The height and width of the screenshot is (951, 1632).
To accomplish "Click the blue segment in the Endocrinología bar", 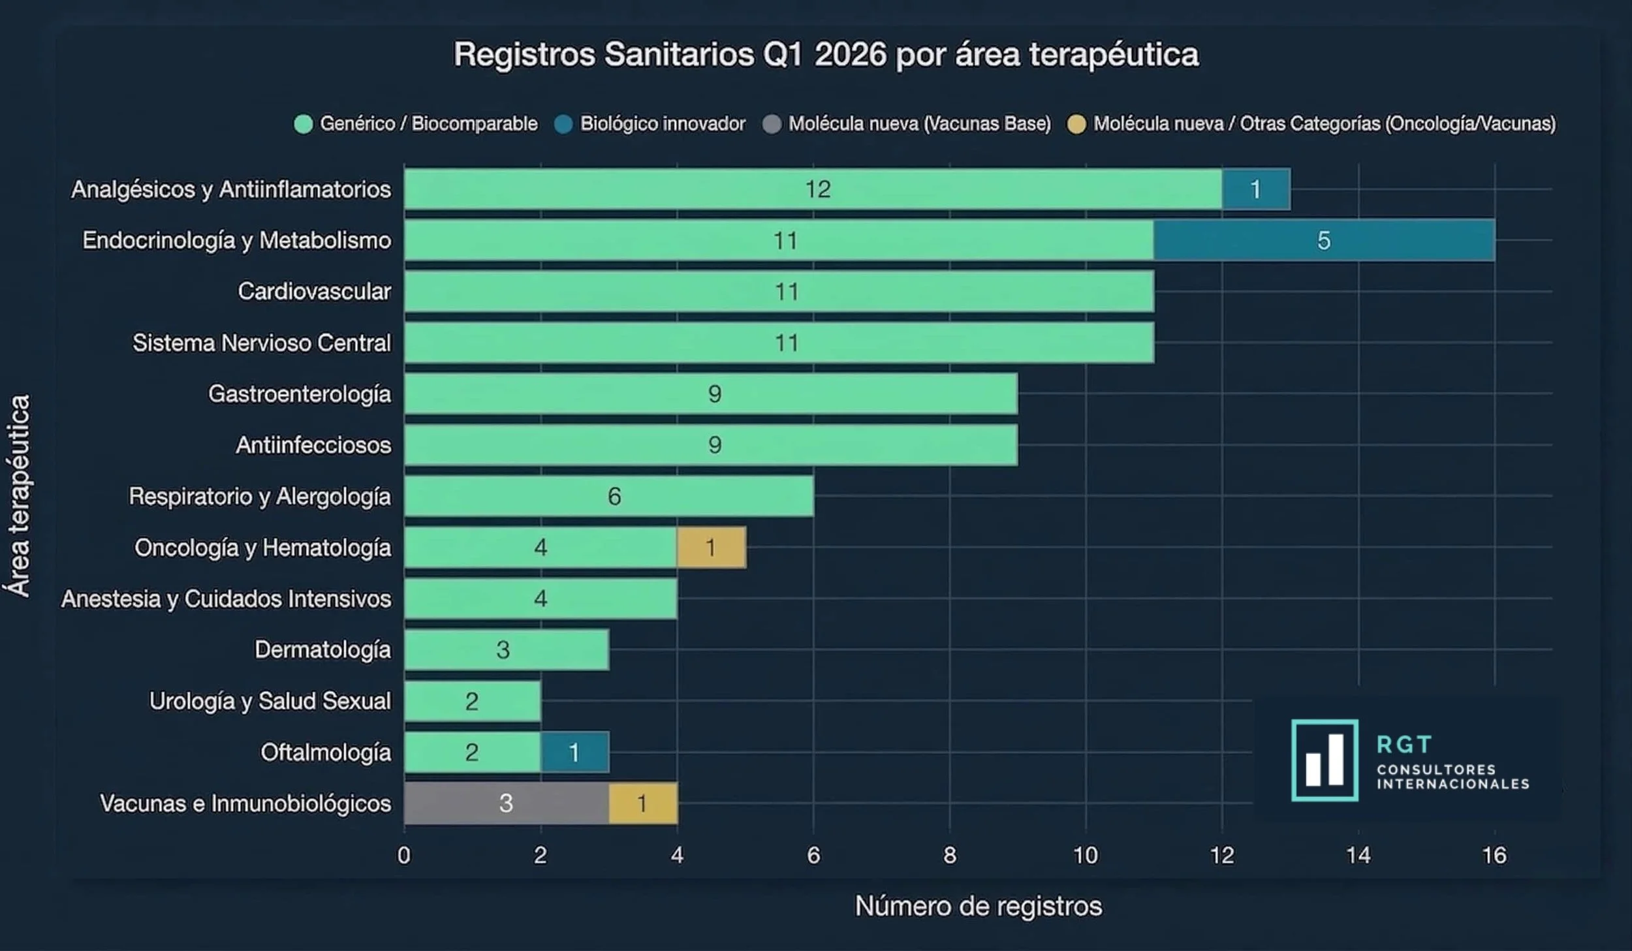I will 1324,240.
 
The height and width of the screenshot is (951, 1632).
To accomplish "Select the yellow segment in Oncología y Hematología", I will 711,547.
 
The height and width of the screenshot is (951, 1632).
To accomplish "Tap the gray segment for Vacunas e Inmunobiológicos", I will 506,803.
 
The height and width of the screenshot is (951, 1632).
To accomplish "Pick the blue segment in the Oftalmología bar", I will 574,752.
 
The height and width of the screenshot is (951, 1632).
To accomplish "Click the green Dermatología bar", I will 506,649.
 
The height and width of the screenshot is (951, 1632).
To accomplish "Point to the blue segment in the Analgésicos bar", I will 1255,189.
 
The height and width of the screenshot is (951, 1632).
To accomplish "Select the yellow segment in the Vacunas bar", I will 642,803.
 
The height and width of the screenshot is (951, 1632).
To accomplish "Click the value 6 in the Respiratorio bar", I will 614,497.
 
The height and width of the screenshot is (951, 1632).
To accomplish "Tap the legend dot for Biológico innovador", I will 563,124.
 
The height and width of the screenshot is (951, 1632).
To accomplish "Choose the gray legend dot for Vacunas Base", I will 772,124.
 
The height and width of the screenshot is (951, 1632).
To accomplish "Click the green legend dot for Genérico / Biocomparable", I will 304,124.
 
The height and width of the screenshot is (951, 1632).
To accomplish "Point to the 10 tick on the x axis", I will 1086,855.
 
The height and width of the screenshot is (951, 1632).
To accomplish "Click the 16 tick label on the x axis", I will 1494,855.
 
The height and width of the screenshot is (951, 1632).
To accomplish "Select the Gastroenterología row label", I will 300,394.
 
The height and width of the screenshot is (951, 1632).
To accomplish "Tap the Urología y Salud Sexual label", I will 270,701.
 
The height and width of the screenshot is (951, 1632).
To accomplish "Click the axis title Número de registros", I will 978,906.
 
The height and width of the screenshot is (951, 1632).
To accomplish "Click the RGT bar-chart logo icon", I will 1325,760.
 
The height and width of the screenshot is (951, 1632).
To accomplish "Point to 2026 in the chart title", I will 850,54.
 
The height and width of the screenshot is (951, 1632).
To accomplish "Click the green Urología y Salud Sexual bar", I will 472,701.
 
